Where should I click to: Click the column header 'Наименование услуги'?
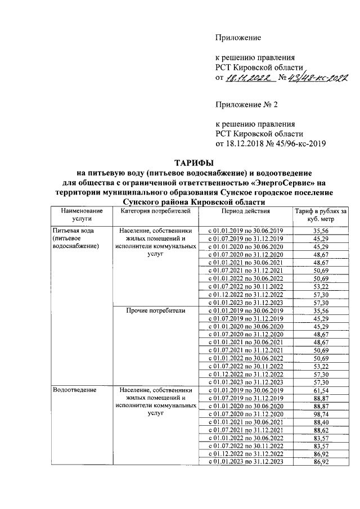point(78,215)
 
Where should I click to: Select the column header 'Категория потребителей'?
point(156,211)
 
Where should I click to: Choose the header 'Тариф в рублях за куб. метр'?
point(320,215)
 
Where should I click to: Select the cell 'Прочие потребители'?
point(156,310)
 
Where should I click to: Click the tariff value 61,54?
point(321,390)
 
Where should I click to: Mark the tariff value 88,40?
point(321,422)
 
